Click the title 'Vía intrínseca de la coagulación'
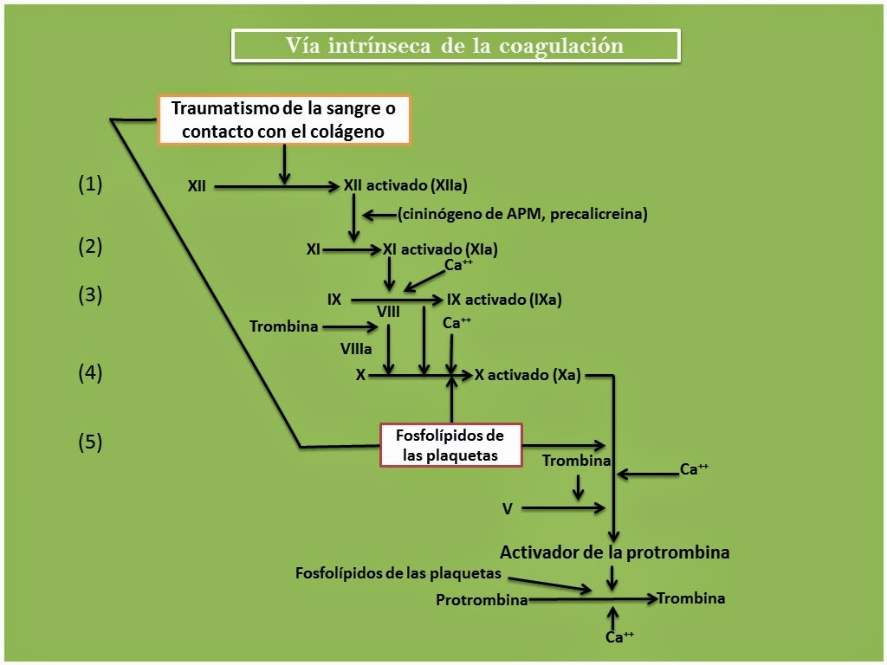tap(455, 46)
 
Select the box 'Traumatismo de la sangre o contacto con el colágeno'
tap(283, 120)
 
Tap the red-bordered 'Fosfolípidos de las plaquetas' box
tap(450, 445)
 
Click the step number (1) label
tap(90, 184)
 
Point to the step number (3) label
tap(90, 295)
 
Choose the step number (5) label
tap(90, 442)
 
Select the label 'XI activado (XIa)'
tap(440, 249)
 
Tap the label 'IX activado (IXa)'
tap(504, 300)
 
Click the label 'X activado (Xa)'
tap(528, 375)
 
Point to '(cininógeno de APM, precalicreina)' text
tap(522, 214)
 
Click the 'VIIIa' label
tap(356, 348)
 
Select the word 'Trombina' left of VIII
tap(283, 326)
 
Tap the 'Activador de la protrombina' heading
tap(614, 552)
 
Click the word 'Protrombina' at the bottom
tap(482, 600)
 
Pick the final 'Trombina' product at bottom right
tap(690, 597)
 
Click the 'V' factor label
tap(508, 508)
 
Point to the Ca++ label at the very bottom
tap(619, 637)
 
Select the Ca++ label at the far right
tap(694, 469)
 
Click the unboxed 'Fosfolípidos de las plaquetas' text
tap(398, 572)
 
